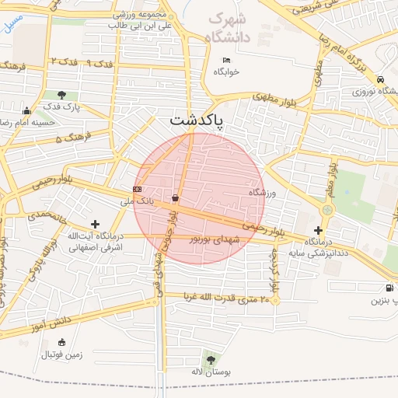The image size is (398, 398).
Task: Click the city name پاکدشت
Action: pos(196,120)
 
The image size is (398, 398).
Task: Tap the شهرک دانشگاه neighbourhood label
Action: pos(230,28)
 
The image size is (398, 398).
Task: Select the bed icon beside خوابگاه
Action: pos(226,60)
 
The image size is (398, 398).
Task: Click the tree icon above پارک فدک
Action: pos(61,95)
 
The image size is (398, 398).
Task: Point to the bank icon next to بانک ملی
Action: pos(138,189)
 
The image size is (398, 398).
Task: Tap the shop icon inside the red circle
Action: pos(176,198)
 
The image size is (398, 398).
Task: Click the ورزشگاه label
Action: pos(262,191)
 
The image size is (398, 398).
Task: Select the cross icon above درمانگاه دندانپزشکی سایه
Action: pos(318,230)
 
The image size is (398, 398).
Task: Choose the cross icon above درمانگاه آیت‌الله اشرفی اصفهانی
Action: pos(95,224)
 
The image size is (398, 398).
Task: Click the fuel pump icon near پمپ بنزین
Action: pos(389,288)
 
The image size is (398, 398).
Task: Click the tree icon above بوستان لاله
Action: pos(210,358)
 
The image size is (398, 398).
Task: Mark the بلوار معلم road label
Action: pos(331,178)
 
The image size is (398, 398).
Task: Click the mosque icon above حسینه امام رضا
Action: pos(27,110)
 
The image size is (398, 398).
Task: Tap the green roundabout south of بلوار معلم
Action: pos(327,209)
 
